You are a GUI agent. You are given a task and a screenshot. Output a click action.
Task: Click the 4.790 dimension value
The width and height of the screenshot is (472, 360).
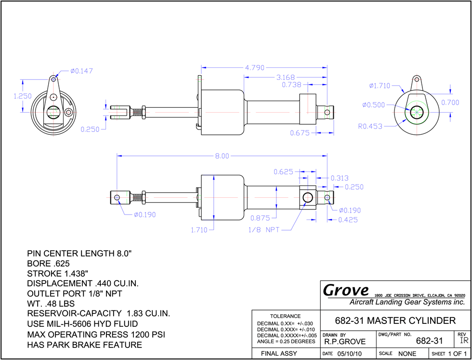pyautogui.click(x=254, y=68)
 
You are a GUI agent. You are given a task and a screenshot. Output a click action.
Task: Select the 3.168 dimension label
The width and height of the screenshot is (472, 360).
pyautogui.click(x=286, y=77)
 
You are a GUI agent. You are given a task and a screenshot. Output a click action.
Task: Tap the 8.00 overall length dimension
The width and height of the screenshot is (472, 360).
pyautogui.click(x=222, y=156)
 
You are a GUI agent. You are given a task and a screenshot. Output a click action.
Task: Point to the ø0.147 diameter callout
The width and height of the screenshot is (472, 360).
pyautogui.click(x=81, y=71)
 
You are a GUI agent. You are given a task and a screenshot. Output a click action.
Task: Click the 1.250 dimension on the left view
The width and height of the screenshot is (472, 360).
pyautogui.click(x=23, y=96)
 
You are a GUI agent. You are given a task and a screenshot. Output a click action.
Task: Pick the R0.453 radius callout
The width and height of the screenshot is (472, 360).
pyautogui.click(x=370, y=126)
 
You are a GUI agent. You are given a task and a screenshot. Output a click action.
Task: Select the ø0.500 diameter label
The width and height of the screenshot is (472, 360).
pyautogui.click(x=374, y=104)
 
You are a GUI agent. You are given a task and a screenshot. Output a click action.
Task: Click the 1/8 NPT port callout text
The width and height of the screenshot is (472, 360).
pyautogui.click(x=264, y=230)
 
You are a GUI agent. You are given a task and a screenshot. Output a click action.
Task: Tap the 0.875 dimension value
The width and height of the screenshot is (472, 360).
pyautogui.click(x=260, y=218)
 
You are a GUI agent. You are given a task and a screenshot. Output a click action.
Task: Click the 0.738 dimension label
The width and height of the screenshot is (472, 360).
pyautogui.click(x=291, y=85)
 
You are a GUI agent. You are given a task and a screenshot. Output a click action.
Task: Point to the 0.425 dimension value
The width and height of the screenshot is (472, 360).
pyautogui.click(x=348, y=220)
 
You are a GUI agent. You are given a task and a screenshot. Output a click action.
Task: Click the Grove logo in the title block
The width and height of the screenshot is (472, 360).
pyautogui.click(x=346, y=290)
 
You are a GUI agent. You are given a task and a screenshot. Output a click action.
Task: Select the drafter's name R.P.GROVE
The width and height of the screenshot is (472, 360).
pyautogui.click(x=345, y=342)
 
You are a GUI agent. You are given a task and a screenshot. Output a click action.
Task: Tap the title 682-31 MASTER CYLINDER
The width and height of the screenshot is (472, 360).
pyautogui.click(x=395, y=321)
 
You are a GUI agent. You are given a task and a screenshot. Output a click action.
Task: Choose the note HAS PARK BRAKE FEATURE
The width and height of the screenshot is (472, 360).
pyautogui.click(x=85, y=345)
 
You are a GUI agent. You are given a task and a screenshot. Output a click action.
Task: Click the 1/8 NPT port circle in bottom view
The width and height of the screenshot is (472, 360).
pyautogui.click(x=308, y=198)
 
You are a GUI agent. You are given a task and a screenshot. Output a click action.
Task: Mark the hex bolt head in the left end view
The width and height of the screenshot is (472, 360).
pyautogui.click(x=69, y=113)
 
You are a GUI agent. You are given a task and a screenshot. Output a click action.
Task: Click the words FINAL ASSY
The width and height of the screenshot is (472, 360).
pyautogui.click(x=279, y=353)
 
